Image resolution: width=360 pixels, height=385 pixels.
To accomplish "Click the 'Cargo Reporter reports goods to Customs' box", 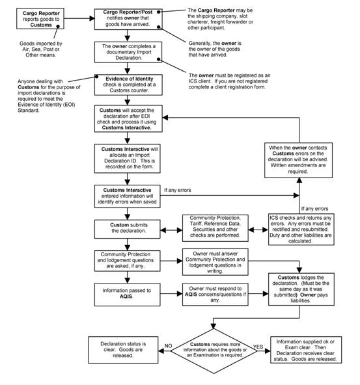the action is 40,19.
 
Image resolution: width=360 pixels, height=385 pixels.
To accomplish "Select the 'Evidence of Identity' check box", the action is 128,85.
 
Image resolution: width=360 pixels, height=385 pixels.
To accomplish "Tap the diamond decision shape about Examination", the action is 214,351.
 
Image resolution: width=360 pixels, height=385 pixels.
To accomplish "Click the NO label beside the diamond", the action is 169,346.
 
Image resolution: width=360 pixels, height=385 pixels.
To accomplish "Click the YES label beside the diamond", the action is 258,347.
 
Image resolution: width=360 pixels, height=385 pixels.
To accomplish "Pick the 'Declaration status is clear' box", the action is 123,350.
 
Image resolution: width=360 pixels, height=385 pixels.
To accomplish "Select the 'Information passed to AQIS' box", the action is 128,295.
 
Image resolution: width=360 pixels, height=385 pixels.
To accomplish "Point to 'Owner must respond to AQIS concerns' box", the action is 215,294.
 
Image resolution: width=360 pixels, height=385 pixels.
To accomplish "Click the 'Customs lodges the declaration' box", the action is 301,289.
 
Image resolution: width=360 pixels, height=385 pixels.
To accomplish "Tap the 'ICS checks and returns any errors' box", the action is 301,230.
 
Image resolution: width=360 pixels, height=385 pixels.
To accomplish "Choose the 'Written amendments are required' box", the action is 299,160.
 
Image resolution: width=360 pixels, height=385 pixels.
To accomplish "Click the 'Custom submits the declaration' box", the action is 128,229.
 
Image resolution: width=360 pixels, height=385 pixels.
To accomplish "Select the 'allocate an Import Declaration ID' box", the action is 128,159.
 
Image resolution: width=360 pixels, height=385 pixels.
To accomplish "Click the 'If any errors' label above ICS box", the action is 315,209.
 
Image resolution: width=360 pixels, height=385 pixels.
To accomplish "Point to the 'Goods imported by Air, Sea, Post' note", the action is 41,49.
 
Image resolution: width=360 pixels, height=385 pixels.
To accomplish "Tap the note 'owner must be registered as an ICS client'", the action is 229,81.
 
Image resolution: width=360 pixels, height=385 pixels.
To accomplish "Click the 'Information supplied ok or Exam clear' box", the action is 306,350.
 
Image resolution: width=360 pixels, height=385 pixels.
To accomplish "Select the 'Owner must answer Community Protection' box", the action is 215,262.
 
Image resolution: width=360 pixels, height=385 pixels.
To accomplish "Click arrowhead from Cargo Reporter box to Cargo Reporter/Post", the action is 92,18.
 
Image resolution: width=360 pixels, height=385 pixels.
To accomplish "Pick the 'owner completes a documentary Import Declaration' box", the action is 128,52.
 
